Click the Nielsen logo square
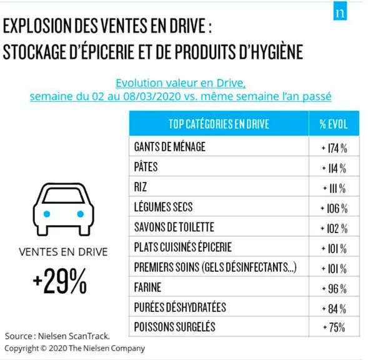(340, 11)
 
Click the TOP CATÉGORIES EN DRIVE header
(219, 124)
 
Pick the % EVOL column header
(334, 124)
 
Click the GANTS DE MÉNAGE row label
(170, 147)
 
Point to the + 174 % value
(334, 148)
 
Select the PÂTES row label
(146, 166)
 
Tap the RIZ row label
(141, 187)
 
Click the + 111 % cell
(334, 188)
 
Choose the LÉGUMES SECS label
(163, 207)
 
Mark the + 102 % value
(334, 229)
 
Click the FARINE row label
(147, 287)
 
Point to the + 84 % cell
(334, 309)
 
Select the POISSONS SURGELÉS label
(174, 327)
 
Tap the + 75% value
(334, 327)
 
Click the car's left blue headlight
(47, 214)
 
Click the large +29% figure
(60, 281)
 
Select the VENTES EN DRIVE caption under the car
(63, 252)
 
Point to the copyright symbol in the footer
(43, 348)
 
